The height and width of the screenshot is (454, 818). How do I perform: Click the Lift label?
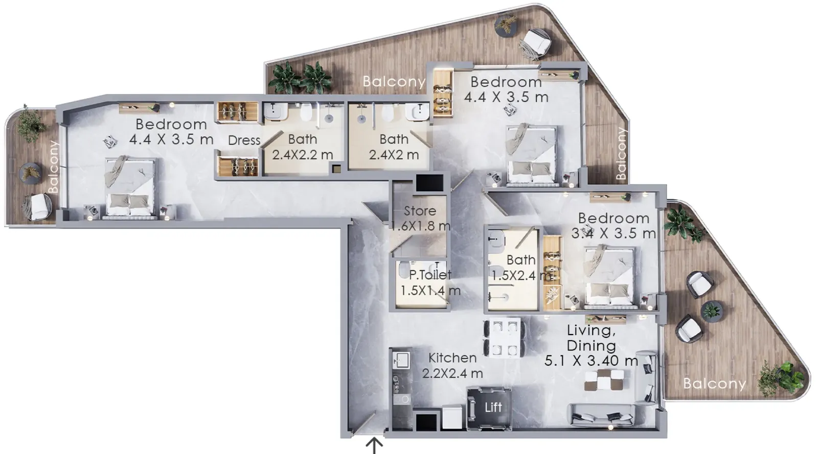[x=493, y=408]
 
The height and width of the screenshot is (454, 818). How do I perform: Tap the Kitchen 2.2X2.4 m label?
[x=452, y=366]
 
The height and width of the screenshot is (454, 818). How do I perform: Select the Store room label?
[x=420, y=219]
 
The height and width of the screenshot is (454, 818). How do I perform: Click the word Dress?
[x=244, y=140]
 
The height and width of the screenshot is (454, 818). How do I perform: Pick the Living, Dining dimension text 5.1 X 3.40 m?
[x=591, y=361]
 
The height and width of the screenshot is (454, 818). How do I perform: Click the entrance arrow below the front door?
[x=374, y=446]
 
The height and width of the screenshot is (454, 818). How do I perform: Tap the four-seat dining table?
[x=505, y=338]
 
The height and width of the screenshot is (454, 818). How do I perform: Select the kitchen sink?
[x=401, y=360]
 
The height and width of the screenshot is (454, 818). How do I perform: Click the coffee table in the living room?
[x=604, y=380]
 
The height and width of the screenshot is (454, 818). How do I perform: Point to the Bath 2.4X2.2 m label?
[x=302, y=147]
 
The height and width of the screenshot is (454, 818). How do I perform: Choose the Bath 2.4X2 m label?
[x=394, y=147]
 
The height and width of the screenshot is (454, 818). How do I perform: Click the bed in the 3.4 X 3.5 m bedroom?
[x=609, y=276]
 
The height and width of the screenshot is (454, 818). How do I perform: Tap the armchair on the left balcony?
[x=37, y=207]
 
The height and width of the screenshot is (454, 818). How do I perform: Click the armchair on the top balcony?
[x=535, y=43]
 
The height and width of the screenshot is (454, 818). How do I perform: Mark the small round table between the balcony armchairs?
[x=712, y=311]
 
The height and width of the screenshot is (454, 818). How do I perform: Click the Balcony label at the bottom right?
[x=714, y=384]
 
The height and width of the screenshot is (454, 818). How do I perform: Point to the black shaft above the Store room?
[x=429, y=182]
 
